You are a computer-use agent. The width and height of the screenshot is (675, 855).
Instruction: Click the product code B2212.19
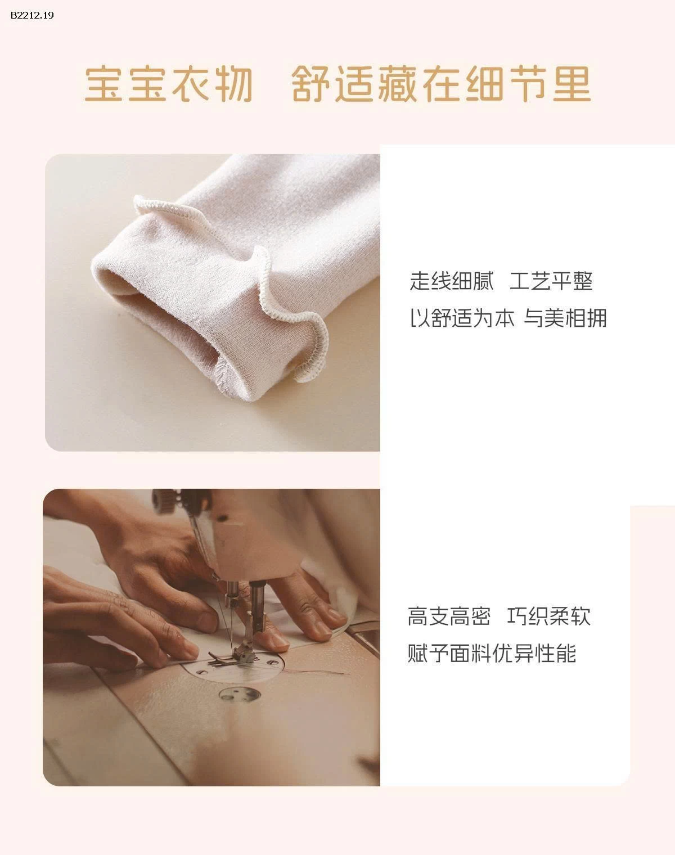32,15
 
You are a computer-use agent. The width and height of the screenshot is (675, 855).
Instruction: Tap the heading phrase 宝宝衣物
168,85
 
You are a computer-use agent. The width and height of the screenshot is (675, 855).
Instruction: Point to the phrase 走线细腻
451,281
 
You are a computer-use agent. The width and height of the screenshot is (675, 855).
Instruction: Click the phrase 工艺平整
551,281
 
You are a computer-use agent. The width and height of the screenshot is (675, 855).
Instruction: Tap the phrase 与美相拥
566,318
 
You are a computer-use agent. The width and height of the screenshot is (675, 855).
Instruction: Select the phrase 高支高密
449,616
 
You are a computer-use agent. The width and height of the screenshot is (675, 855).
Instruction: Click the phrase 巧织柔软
549,616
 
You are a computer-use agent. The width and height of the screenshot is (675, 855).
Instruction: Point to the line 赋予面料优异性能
492,654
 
